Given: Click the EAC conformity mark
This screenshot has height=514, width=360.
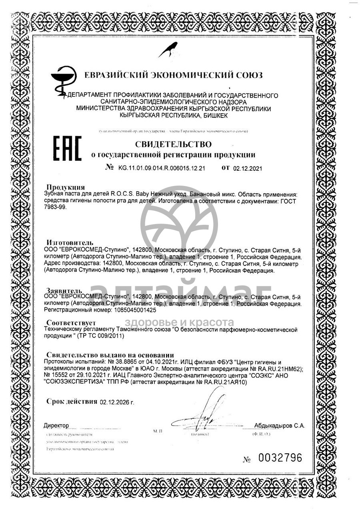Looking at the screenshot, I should coord(67,149).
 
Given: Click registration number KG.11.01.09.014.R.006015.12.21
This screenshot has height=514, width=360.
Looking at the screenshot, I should coord(161,168).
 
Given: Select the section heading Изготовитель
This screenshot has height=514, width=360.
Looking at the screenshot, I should coord(70,242).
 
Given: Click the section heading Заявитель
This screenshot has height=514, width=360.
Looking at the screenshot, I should coord(64,290).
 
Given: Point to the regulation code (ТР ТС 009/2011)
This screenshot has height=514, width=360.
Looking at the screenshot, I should coord(101,336).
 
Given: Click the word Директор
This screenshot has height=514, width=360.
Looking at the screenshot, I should coord(56,425).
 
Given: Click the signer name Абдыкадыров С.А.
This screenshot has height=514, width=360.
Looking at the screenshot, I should coord(279,426).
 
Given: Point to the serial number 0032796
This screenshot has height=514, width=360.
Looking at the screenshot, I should coord(280,458).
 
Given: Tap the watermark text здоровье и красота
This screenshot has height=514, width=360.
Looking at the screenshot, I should coord(179,322).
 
